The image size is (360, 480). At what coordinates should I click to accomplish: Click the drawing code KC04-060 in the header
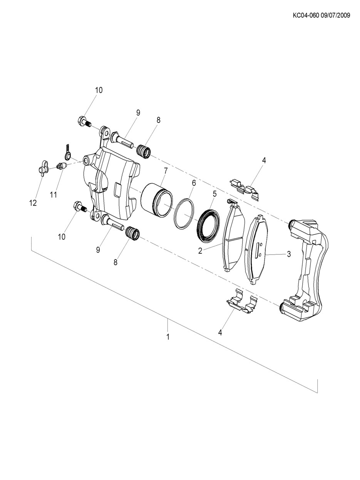pos(306,15)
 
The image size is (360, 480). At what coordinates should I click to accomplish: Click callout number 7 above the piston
pos(165,171)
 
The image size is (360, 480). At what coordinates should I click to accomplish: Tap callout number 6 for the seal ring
pos(194,183)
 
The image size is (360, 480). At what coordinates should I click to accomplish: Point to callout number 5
pos(214,194)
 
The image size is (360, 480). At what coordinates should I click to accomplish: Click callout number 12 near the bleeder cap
pos(33,203)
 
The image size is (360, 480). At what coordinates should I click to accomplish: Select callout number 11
pos(54,194)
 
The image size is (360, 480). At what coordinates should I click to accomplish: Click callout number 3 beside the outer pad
pos(289,254)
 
